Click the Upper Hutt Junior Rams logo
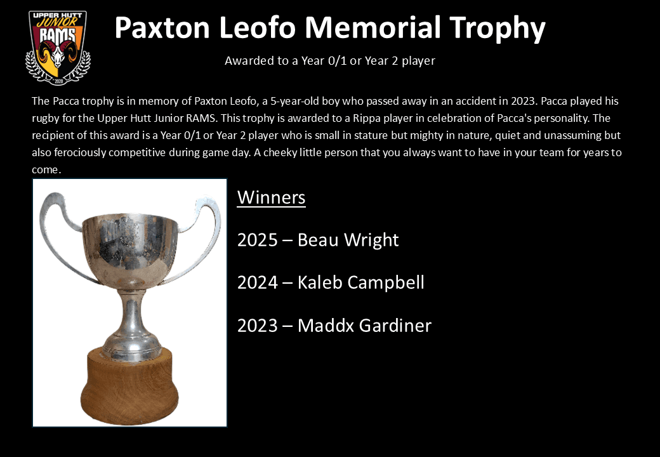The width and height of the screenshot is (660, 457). coord(58,48)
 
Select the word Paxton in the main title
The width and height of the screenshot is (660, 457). coord(164,28)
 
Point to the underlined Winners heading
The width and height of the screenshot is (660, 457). coord(271,197)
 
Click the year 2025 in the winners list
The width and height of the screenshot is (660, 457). coord(257,240)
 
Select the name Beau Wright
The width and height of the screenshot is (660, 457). coord(348,240)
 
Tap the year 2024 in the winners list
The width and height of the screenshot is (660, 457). coord(257,282)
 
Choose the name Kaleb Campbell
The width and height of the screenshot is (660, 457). coord(360,282)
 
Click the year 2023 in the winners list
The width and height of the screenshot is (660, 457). coord(257,326)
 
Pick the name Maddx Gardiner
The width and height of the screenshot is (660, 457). coord(364,326)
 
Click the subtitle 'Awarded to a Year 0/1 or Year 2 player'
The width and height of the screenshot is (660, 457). coord(329,61)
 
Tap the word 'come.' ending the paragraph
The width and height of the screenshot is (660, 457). coord(46,170)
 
